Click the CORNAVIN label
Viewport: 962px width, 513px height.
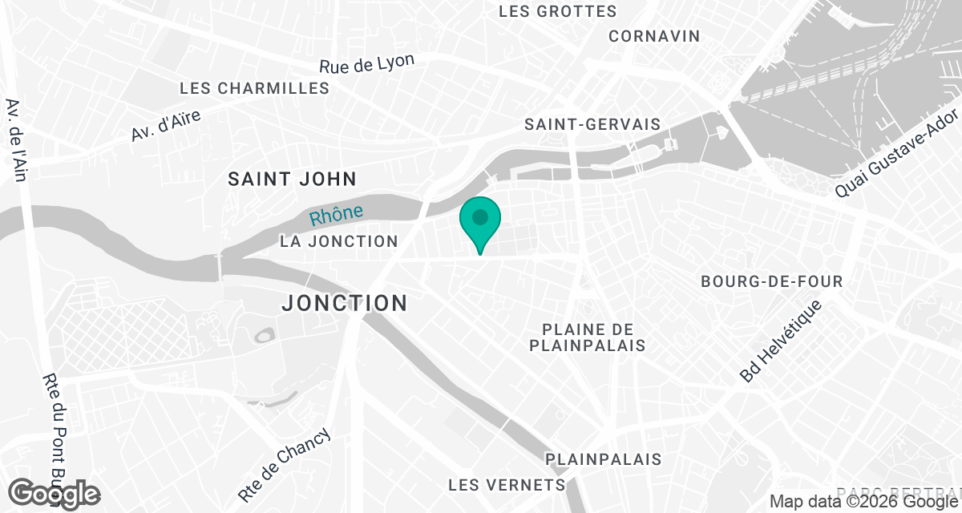[654, 36]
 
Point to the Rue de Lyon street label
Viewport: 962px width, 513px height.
[367, 64]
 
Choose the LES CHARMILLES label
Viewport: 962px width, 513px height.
[255, 88]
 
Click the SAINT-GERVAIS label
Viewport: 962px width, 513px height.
[592, 124]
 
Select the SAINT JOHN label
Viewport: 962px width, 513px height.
[292, 178]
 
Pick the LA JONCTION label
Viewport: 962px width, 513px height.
[339, 241]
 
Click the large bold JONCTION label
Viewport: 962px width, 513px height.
[345, 303]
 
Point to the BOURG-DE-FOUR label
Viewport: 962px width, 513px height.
[771, 281]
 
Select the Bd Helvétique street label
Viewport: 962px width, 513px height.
[782, 341]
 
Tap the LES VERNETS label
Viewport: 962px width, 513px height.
[507, 485]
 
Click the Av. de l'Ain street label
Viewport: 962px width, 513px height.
[16, 139]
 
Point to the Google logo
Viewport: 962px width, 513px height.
[55, 493]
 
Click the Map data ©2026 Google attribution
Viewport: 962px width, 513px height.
[863, 502]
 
